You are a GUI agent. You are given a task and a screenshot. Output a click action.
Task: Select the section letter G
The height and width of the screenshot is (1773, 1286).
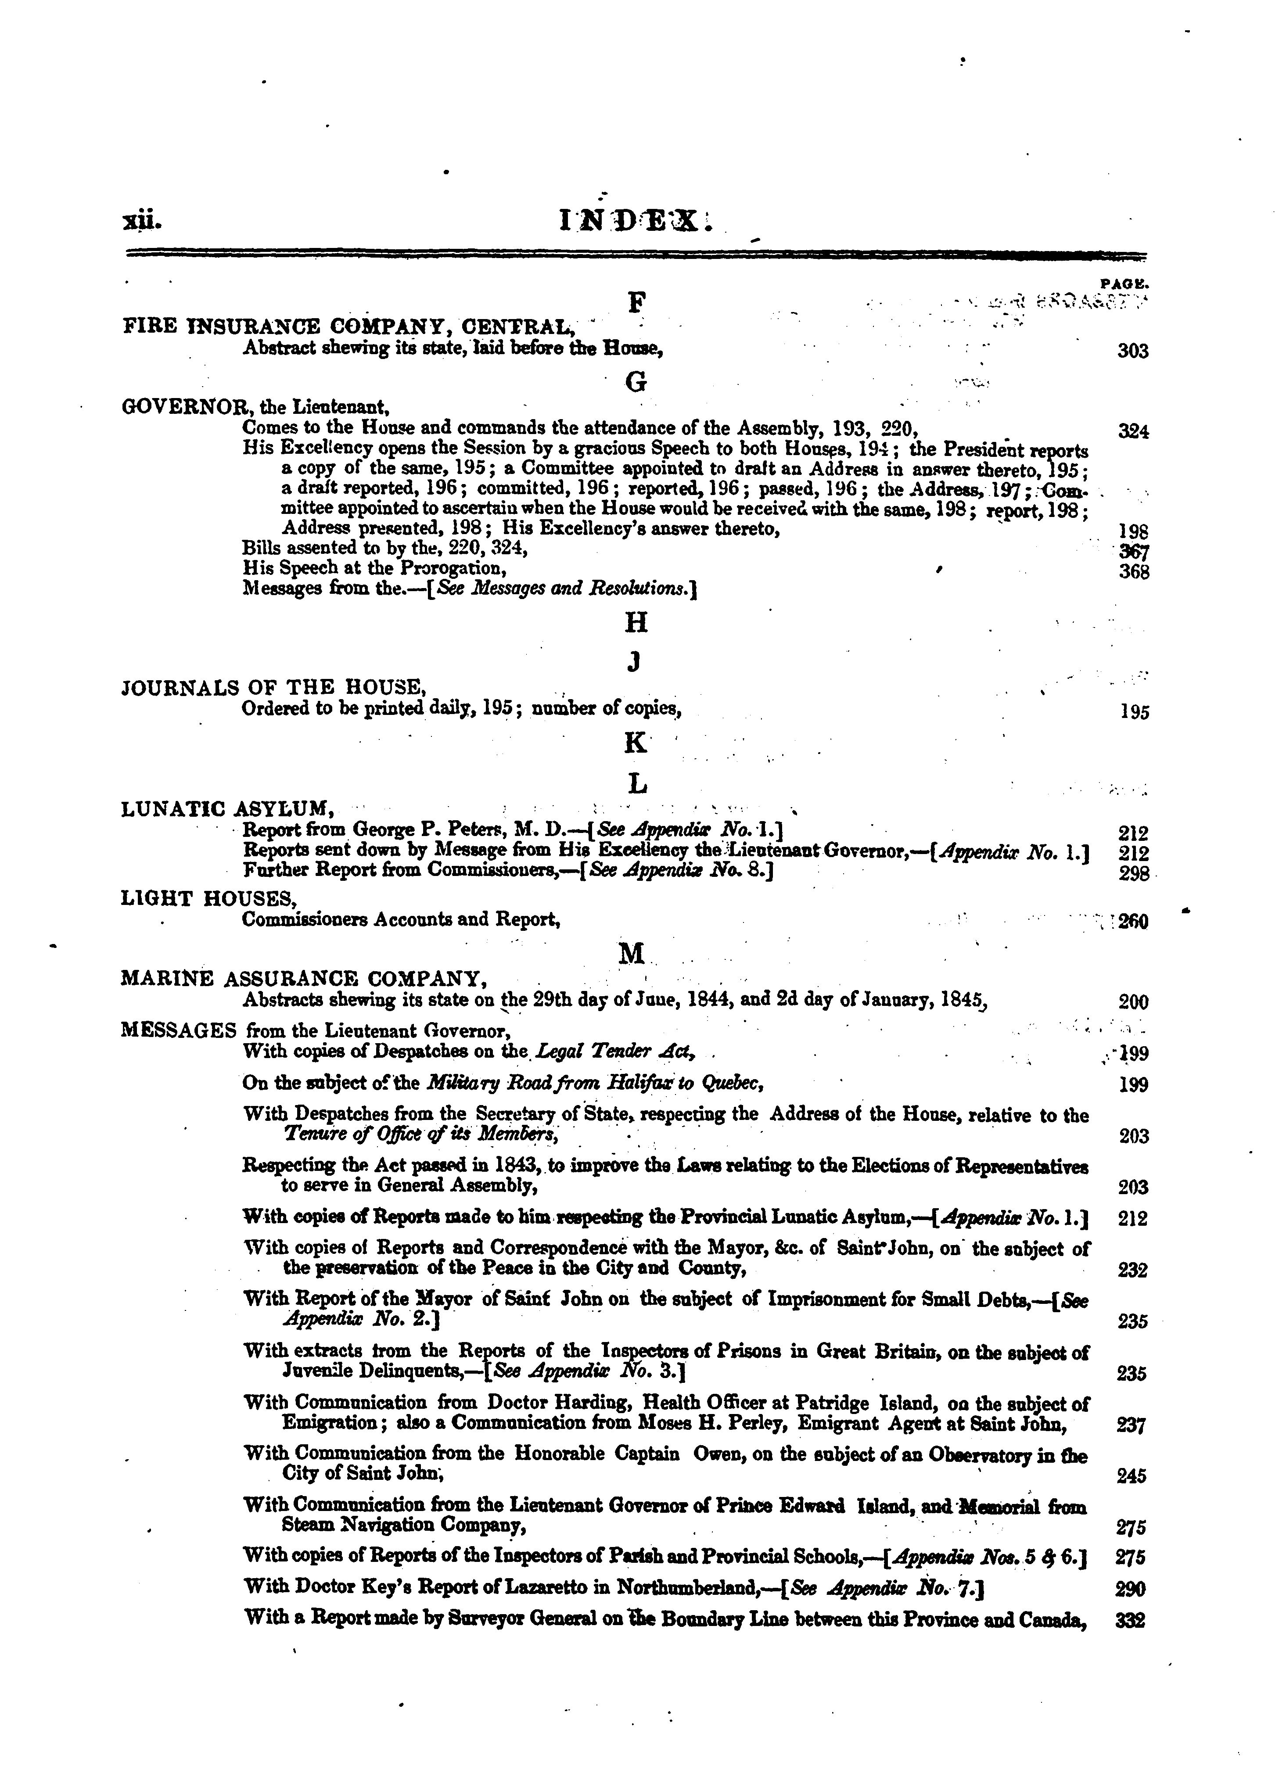point(636,382)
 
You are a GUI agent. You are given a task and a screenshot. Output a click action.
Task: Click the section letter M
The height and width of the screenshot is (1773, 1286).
point(632,954)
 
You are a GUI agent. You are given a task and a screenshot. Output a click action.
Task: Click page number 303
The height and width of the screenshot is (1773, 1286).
point(1133,351)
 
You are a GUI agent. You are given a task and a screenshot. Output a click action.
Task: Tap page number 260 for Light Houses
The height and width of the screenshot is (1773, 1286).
point(1133,922)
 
